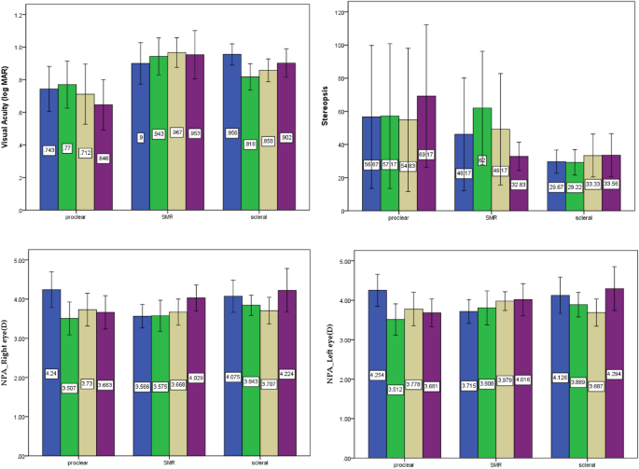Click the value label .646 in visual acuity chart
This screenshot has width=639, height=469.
pyautogui.click(x=104, y=158)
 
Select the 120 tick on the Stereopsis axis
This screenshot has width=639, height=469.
pyautogui.click(x=346, y=12)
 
